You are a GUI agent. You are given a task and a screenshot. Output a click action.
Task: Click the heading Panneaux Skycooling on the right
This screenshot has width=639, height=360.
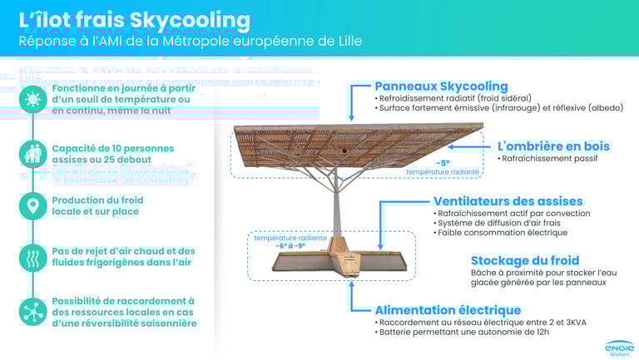(x=441, y=86)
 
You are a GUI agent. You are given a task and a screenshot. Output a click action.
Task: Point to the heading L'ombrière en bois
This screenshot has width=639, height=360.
(x=553, y=146)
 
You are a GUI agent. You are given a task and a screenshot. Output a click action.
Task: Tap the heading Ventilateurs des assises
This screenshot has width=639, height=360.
(x=508, y=201)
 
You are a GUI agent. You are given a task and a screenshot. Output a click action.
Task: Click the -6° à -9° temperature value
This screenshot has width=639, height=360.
(x=280, y=246)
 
